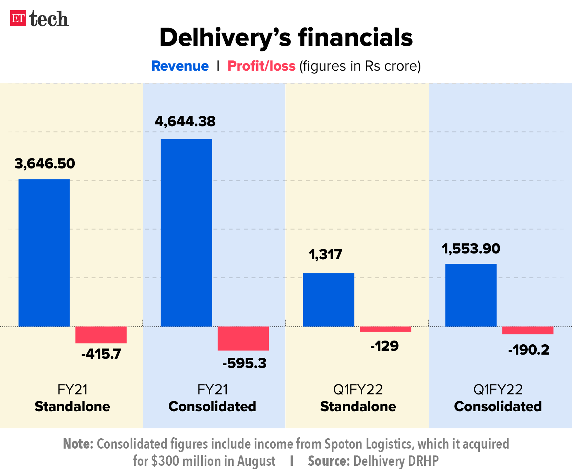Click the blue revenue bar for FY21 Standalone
(x=44, y=253)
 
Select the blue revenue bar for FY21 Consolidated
(x=186, y=233)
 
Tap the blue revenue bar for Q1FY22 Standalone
(x=329, y=300)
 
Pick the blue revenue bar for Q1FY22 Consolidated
(x=471, y=295)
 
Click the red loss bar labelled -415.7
(x=101, y=335)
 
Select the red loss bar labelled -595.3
(x=243, y=339)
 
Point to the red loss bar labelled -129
(x=385, y=329)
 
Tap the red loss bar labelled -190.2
(x=528, y=330)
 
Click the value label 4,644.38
(x=185, y=121)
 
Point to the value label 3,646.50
(x=45, y=164)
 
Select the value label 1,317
(x=325, y=254)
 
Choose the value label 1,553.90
(x=471, y=249)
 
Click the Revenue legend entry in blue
(x=180, y=66)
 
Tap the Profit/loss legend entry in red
(x=261, y=66)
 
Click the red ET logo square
(x=18, y=19)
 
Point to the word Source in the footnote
(x=328, y=461)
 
